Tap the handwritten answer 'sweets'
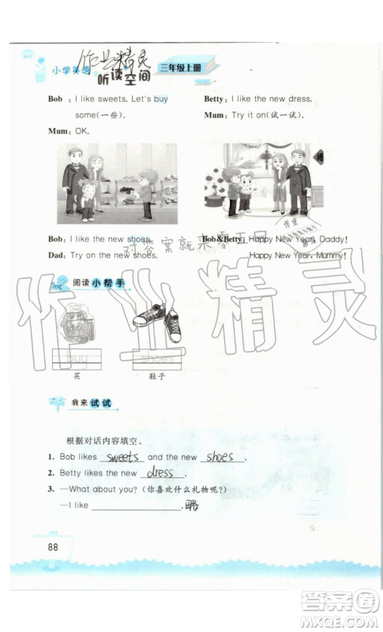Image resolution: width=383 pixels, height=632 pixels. pyautogui.click(x=123, y=457)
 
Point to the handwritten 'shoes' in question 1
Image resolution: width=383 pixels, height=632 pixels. pyautogui.click(x=220, y=457)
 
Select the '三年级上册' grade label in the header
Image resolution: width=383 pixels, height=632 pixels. pyautogui.click(x=181, y=68)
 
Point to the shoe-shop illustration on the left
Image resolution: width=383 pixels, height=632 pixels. pyautogui.click(x=109, y=184)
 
